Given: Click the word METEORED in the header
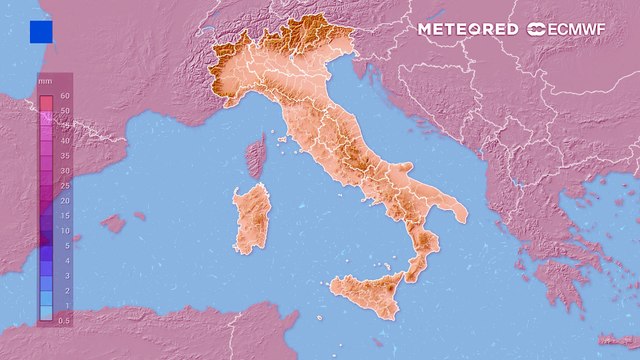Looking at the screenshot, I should [468, 29].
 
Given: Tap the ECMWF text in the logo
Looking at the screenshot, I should [582, 29].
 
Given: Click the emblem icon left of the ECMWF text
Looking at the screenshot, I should [539, 29].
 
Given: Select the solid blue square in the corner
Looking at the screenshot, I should [41, 32].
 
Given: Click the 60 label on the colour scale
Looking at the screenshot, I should [63, 95].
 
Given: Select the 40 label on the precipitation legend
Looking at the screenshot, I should [63, 141].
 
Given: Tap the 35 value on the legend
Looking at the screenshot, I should [63, 156].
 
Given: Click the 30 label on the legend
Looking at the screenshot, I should [63, 171].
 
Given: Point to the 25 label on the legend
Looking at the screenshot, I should [63, 186].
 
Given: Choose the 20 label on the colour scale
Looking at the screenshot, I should [63, 200].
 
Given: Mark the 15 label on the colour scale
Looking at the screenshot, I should [63, 215].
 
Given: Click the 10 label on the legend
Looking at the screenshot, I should [63, 230].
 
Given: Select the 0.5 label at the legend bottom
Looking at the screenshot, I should [64, 319].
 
